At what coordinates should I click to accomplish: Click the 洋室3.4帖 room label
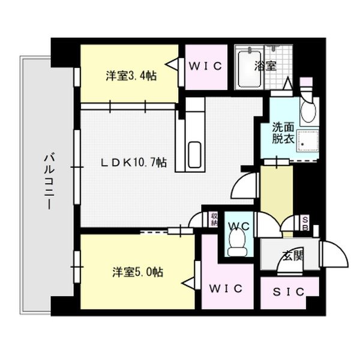pyautogui.click(x=131, y=76)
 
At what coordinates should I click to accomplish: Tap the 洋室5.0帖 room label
pyautogui.click(x=136, y=272)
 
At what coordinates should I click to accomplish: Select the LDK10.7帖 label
pyautogui.click(x=133, y=163)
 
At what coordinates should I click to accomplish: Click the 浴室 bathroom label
pyautogui.click(x=266, y=65)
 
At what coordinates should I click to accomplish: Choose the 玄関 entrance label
pyautogui.click(x=292, y=256)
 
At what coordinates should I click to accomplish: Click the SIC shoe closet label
pyautogui.click(x=289, y=292)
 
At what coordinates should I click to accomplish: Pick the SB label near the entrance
pyautogui.click(x=305, y=223)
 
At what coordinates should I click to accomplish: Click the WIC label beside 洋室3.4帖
pyautogui.click(x=206, y=65)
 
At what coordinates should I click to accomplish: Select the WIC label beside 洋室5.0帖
pyautogui.click(x=226, y=289)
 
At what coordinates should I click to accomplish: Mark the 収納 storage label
pyautogui.click(x=214, y=219)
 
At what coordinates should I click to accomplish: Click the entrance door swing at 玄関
pyautogui.click(x=335, y=254)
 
